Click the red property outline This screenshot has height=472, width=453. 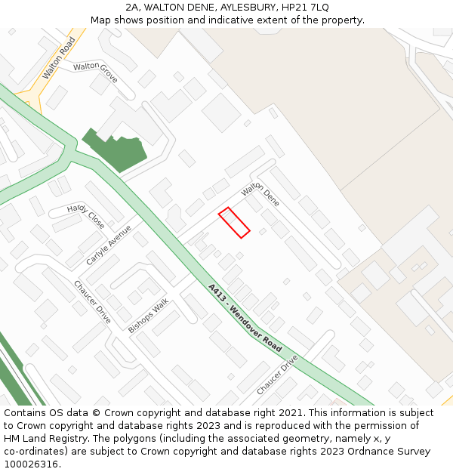[x=234, y=223]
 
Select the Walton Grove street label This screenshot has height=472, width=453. [x=96, y=72]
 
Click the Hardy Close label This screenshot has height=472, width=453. [x=85, y=217]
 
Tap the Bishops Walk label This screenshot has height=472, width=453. [x=148, y=316]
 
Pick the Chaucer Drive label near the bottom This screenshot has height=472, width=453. [x=277, y=375]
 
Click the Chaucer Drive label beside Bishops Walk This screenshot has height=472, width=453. [x=92, y=302]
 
